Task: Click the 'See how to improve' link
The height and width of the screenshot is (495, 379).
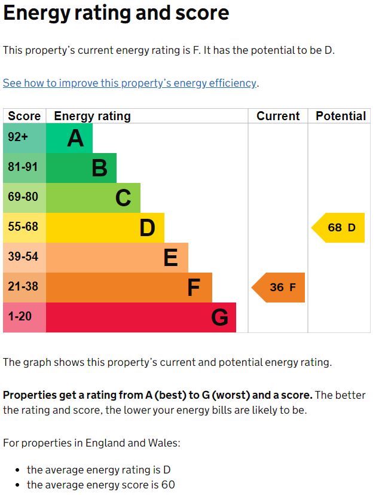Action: click(130, 83)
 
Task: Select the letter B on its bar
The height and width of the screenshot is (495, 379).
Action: click(99, 168)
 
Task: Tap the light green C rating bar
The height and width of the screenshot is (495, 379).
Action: click(93, 198)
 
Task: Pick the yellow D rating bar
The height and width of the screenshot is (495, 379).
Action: click(105, 228)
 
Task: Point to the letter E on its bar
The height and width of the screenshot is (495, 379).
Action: click(170, 258)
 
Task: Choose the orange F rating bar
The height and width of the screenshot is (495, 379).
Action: click(129, 288)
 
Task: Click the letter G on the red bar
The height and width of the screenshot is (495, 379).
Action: click(219, 317)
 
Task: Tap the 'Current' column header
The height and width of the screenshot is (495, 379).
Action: click(278, 116)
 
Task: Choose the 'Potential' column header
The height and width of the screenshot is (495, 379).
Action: click(341, 116)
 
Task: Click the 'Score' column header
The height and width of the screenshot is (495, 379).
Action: click(25, 116)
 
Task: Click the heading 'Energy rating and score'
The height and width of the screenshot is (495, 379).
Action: click(116, 13)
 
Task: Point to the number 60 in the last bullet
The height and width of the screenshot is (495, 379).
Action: click(167, 485)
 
